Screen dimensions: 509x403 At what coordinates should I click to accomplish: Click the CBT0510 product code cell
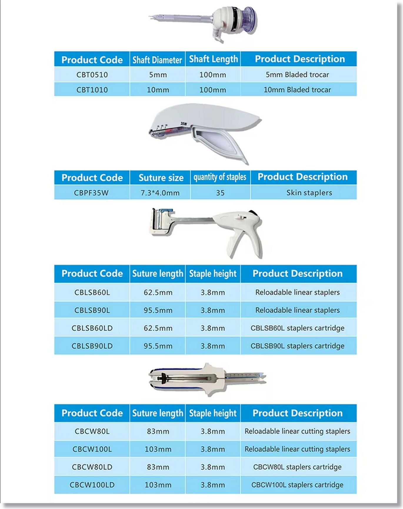point(92,75)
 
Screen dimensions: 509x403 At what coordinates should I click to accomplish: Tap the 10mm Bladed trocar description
point(297,90)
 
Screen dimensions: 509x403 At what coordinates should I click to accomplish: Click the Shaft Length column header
point(213,59)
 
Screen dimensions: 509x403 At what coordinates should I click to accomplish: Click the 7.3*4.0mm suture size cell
point(160,193)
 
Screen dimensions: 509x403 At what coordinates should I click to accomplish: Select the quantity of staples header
point(220,177)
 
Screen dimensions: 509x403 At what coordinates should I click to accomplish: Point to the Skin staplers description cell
point(309,193)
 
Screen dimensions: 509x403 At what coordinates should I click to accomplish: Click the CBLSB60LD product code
point(92,328)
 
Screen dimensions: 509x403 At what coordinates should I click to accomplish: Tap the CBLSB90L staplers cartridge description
point(297,346)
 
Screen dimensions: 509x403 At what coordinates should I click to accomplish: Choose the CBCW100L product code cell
point(92,449)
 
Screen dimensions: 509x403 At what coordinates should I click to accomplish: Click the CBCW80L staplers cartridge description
point(297,467)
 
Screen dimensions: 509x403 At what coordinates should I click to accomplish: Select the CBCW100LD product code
point(92,485)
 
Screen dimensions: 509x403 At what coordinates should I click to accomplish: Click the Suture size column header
point(161,178)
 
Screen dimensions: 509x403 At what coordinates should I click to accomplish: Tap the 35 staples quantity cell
point(220,193)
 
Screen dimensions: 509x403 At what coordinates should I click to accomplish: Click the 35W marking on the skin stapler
point(184,124)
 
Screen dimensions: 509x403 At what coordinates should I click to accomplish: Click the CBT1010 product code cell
point(92,90)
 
